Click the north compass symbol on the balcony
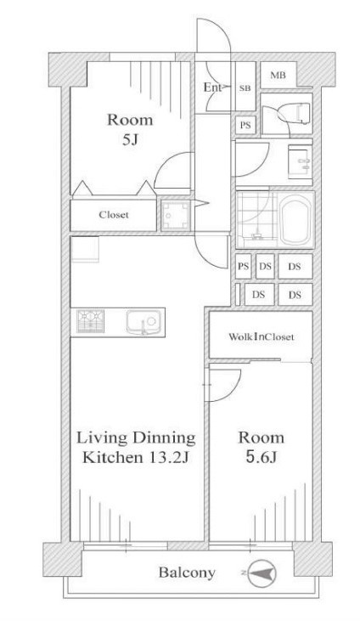coord(262,573)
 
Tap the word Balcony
coord(187,573)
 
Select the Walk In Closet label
coord(262,337)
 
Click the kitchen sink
coord(143,322)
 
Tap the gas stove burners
coord(91,321)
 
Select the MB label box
coord(278,75)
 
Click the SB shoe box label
coord(245,88)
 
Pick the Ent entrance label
coord(213,88)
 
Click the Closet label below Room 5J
coord(114,215)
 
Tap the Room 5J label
coord(130,129)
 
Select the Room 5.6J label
coord(261,448)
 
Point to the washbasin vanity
coord(301,161)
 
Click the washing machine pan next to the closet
coord(176,215)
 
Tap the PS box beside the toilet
coord(245,126)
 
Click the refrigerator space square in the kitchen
coord(85,249)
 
